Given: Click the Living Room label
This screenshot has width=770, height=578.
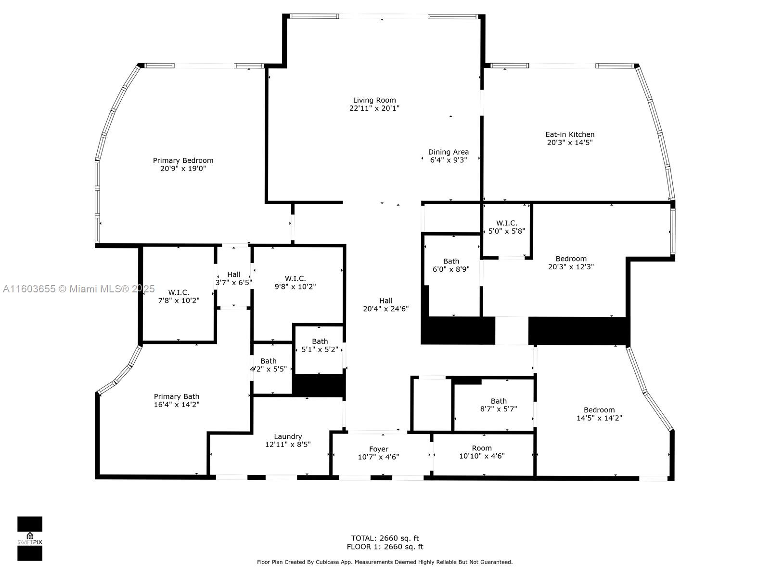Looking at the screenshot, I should click(374, 101).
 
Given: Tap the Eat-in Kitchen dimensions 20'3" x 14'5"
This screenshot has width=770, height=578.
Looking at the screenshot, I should click(570, 143).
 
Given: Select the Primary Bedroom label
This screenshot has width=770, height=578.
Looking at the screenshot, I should click(183, 161).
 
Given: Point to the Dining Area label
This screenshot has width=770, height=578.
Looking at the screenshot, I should click(448, 152).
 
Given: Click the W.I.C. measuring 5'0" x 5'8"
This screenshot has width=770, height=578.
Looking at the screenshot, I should click(506, 227).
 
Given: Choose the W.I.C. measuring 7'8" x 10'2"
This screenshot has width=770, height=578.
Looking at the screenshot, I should click(179, 296).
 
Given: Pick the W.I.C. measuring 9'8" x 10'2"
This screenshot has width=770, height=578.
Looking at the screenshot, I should click(295, 282).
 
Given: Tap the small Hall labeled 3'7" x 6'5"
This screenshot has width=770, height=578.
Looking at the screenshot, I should click(234, 278).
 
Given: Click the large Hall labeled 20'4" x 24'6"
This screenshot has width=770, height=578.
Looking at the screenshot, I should click(385, 304).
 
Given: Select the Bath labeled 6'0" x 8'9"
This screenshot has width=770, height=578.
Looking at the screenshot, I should click(451, 265).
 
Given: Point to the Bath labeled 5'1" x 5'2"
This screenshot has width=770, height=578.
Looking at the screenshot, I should click(320, 345).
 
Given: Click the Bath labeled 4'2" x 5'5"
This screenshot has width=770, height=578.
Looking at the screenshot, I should click(269, 365).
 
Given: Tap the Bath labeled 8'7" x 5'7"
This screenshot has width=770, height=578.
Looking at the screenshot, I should click(499, 405).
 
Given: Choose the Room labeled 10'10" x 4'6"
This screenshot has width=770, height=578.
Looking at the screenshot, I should click(482, 452).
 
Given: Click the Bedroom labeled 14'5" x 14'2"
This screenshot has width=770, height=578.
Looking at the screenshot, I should click(599, 414).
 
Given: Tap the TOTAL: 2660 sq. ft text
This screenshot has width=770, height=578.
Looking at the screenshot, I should click(385, 538).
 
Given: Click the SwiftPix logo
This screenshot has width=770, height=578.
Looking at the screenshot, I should click(30, 539).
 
